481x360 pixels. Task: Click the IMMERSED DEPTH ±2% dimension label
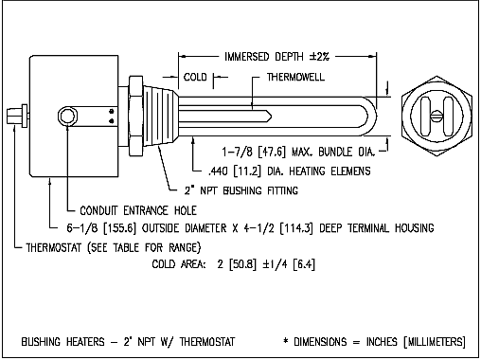click(x=276, y=57)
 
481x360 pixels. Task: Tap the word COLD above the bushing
click(x=195, y=77)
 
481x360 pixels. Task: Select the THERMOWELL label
click(x=295, y=77)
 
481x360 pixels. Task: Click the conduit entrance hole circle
click(x=67, y=117)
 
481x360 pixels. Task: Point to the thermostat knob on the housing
click(x=17, y=116)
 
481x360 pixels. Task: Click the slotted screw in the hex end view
click(x=436, y=116)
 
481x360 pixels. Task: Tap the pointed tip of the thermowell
click(x=272, y=116)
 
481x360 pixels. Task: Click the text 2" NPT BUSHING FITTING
click(x=241, y=190)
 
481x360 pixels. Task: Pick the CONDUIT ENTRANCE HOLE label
click(x=138, y=210)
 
